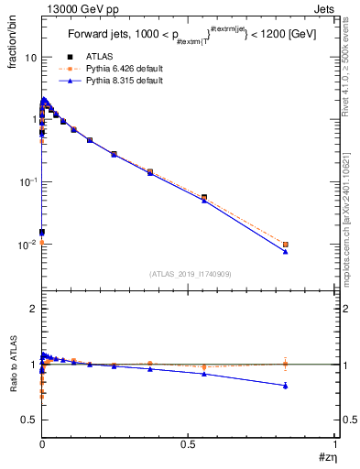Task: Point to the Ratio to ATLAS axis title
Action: [x=13, y=375]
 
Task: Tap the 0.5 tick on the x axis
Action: [x=189, y=443]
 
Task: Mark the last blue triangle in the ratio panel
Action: [x=286, y=386]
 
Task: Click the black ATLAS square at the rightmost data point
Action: [x=286, y=245]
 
